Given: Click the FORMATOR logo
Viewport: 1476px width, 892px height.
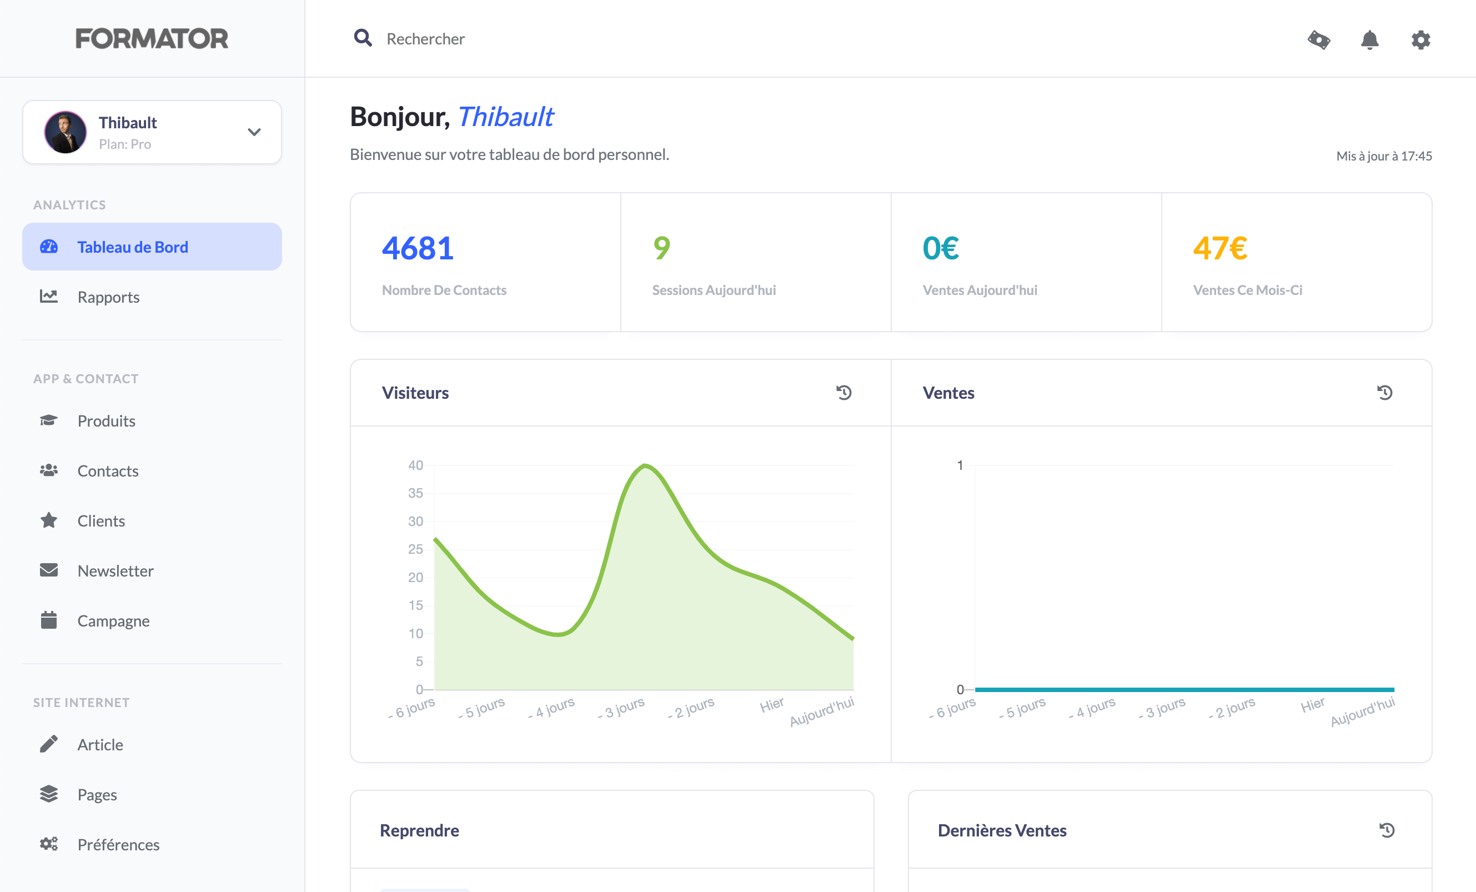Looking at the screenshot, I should [x=152, y=39].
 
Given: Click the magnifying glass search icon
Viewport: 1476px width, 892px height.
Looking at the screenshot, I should [x=363, y=38].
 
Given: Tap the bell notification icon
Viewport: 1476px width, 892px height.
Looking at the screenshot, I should [x=1369, y=40].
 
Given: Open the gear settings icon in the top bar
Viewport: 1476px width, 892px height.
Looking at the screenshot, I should [x=1420, y=40].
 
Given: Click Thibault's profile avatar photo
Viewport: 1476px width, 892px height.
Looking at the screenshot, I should [x=66, y=132].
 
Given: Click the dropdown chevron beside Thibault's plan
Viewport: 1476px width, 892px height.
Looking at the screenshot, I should [x=254, y=132].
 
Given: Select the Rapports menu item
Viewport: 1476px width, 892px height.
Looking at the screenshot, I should [x=108, y=297].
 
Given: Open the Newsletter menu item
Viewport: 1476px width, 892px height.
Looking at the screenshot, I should [x=116, y=571].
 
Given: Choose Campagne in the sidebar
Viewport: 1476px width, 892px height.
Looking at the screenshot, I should [x=113, y=620].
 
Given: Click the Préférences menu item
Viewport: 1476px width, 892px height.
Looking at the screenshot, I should [x=118, y=845].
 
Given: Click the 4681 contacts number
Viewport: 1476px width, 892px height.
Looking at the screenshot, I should [x=418, y=249].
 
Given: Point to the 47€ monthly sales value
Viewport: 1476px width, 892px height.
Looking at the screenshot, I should [x=1219, y=249].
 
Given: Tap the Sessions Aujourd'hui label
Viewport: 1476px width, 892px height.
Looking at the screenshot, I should [x=714, y=290].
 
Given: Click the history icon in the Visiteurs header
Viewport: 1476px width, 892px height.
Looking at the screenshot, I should [x=844, y=393].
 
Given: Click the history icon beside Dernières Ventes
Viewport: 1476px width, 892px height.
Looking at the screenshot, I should [x=1387, y=830].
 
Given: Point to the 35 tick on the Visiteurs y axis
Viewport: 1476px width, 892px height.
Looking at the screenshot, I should [x=415, y=493].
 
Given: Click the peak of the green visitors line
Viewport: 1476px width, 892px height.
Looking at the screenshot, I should [x=645, y=465].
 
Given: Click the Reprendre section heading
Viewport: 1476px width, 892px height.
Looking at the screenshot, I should [x=419, y=830].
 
